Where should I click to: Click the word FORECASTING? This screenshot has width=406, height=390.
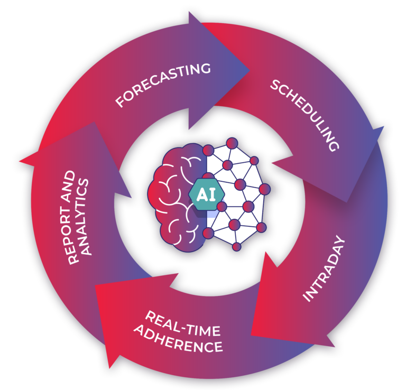(163, 85)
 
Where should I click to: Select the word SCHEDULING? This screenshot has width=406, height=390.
(304, 115)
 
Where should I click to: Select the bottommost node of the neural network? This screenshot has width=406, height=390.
(236, 246)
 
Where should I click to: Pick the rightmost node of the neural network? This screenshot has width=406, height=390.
(265, 188)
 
